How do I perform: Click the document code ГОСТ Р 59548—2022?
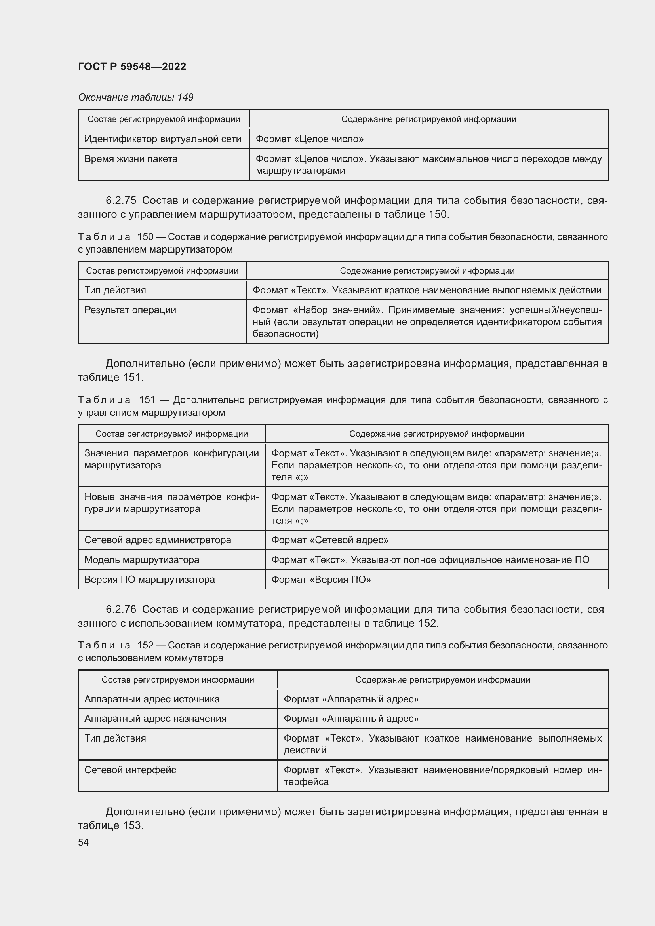point(132,67)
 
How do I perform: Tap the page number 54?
point(83,842)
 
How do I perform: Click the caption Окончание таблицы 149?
point(135,97)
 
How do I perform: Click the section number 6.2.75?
point(121,200)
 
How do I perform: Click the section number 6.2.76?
point(121,609)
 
